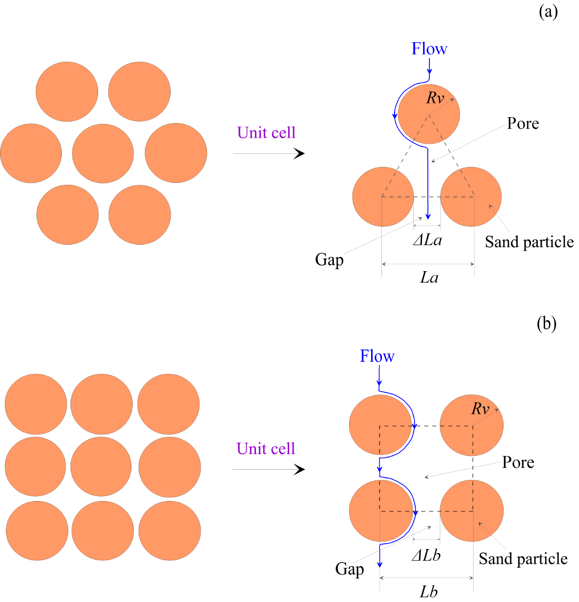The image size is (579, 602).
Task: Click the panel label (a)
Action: point(548,12)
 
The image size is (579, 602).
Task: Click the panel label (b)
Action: point(547,324)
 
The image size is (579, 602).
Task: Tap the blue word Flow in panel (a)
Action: point(429,49)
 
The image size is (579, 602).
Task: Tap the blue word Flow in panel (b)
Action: point(377,356)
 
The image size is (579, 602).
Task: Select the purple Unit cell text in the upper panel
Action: point(266,133)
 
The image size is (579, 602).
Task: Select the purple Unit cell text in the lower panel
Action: point(266,449)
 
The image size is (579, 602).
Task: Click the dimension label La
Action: point(429,278)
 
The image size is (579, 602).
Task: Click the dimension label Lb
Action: point(428,592)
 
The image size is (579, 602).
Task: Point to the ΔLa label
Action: point(428,240)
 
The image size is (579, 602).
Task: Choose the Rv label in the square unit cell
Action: point(480,409)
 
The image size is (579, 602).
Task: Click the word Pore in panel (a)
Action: point(523,124)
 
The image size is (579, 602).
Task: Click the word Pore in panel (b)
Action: point(518,462)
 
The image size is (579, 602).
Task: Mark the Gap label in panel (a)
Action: point(329,260)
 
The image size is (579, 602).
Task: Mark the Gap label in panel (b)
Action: point(350,569)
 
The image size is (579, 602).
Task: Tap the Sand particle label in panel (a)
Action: point(529,242)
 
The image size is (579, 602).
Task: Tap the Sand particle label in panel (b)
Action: point(523,559)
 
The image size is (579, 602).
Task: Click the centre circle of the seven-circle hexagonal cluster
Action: point(103,153)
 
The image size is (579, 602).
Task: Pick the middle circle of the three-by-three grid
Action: point(101,467)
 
